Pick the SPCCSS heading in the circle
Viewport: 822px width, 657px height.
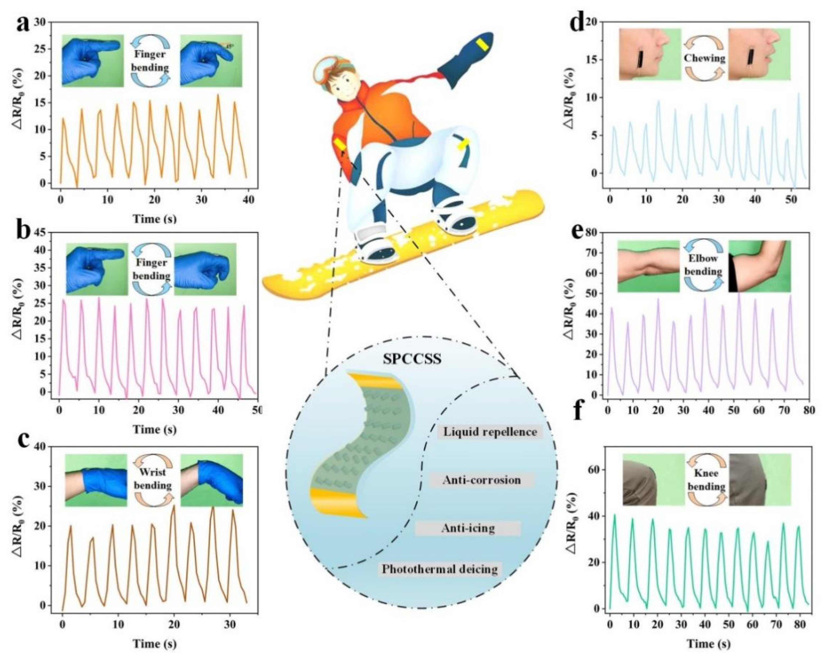412,359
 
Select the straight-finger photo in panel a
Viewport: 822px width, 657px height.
93,60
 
